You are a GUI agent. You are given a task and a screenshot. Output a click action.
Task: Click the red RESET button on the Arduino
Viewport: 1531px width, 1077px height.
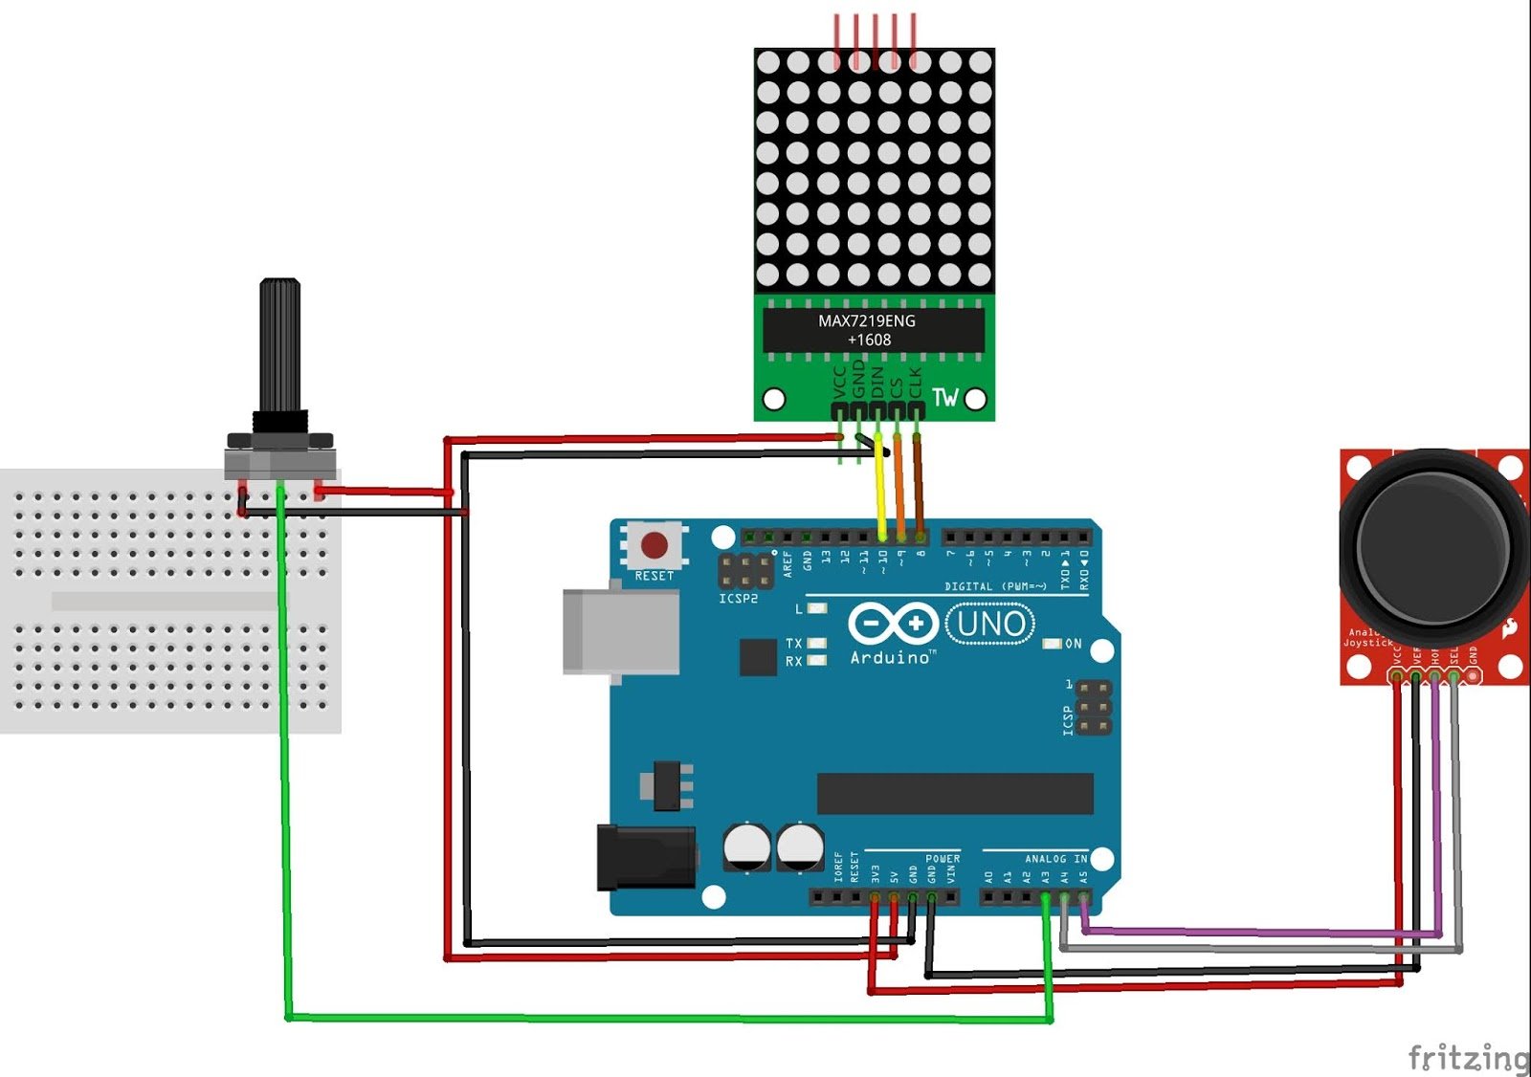[x=655, y=546]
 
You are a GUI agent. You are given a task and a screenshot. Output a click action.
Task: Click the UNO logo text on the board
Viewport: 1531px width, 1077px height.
[x=990, y=625]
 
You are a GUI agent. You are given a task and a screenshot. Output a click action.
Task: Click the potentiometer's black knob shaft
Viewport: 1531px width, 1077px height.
[x=280, y=344]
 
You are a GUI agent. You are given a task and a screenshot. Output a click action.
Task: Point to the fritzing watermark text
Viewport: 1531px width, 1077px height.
[x=1468, y=1057]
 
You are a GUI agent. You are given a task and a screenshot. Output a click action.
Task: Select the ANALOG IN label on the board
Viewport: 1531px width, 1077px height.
[x=1055, y=859]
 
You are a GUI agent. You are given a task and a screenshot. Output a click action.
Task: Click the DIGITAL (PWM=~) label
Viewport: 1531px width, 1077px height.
[x=995, y=586]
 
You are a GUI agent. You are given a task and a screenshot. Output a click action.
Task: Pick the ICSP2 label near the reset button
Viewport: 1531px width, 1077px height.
[x=738, y=599]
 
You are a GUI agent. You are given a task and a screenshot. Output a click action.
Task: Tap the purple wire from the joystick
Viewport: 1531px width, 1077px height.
[x=1244, y=931]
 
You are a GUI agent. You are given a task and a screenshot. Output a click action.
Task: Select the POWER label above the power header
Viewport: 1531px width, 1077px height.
[x=942, y=859]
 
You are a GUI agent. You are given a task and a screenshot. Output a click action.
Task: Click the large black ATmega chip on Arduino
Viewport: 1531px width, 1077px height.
[x=954, y=794]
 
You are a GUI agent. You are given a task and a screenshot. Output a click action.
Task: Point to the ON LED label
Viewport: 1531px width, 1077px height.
[x=1073, y=644]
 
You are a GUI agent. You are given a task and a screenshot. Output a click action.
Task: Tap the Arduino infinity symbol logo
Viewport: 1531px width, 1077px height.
[x=892, y=624]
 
